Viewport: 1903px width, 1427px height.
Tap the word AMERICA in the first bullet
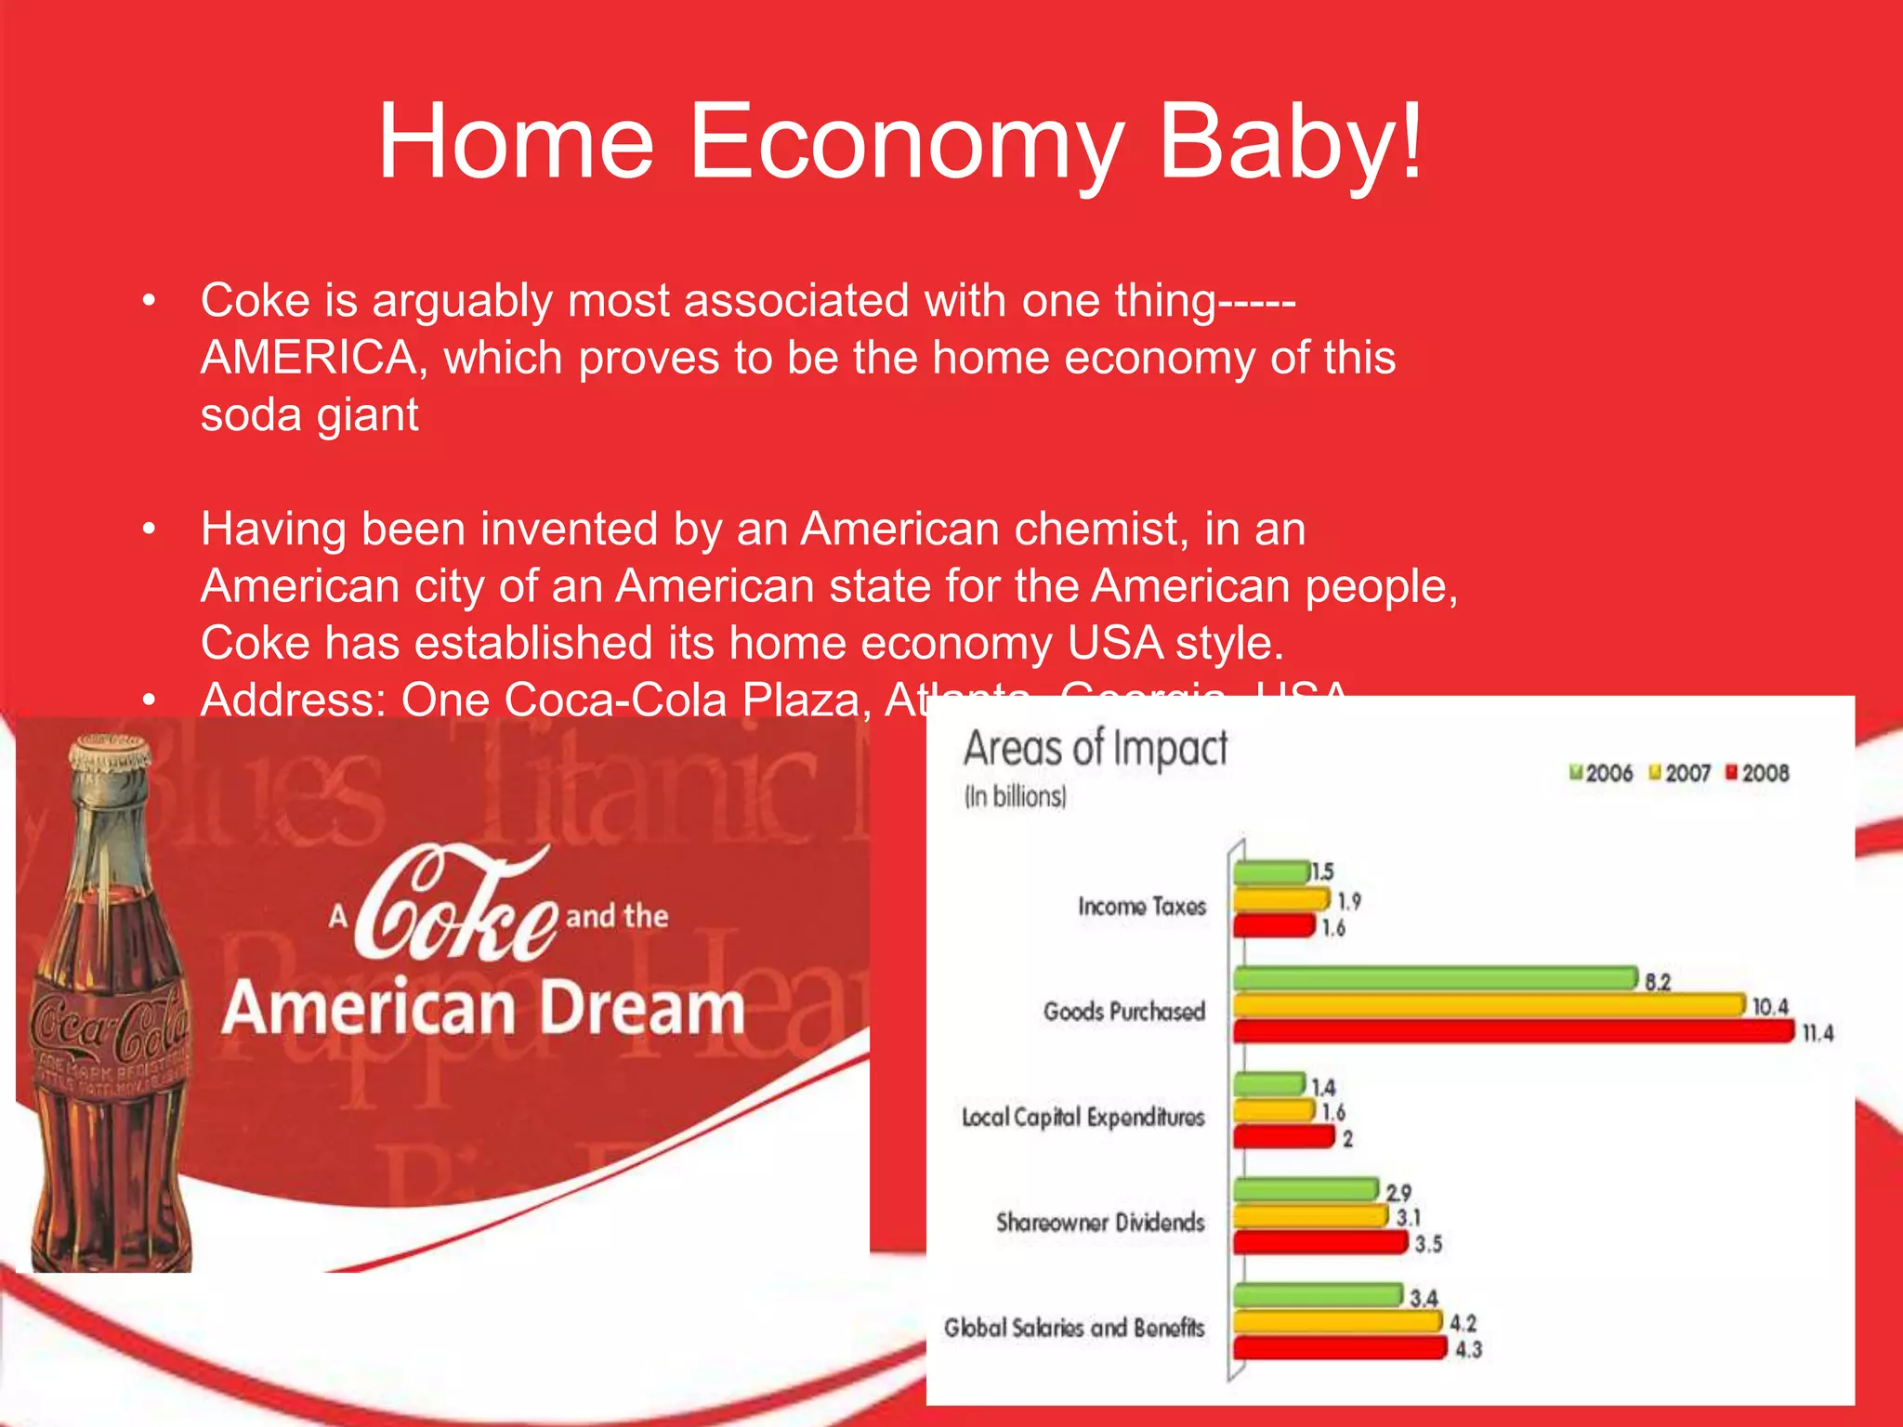(307, 358)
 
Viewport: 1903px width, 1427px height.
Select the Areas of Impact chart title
(1095, 749)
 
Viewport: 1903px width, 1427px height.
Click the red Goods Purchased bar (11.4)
(1513, 1031)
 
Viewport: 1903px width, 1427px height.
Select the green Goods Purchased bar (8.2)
(1435, 978)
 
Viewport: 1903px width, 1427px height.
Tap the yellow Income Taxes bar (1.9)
(1281, 899)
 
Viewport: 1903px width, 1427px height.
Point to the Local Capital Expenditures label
(1083, 1117)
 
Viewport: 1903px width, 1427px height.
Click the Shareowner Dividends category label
(1100, 1222)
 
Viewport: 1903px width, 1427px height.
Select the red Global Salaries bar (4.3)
(1340, 1348)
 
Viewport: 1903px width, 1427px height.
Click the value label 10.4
(1769, 1007)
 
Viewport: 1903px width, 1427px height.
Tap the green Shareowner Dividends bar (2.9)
(1306, 1190)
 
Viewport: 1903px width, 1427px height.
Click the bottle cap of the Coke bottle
(111, 750)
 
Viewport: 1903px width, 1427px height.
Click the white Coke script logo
(455, 906)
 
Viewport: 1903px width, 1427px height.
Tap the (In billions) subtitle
(1015, 797)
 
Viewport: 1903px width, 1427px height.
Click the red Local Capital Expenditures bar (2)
(1283, 1137)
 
